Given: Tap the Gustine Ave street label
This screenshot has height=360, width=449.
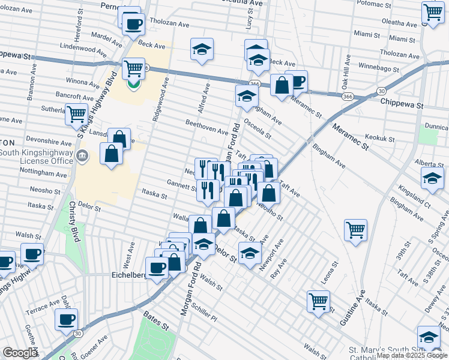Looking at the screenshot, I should (352, 308).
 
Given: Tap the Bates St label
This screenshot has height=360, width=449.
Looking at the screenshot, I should (155, 323).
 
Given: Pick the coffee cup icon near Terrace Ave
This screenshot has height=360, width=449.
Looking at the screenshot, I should (66, 319).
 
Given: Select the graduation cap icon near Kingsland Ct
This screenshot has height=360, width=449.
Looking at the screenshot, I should (432, 179).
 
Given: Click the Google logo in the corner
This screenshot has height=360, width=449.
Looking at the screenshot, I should (20, 353).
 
